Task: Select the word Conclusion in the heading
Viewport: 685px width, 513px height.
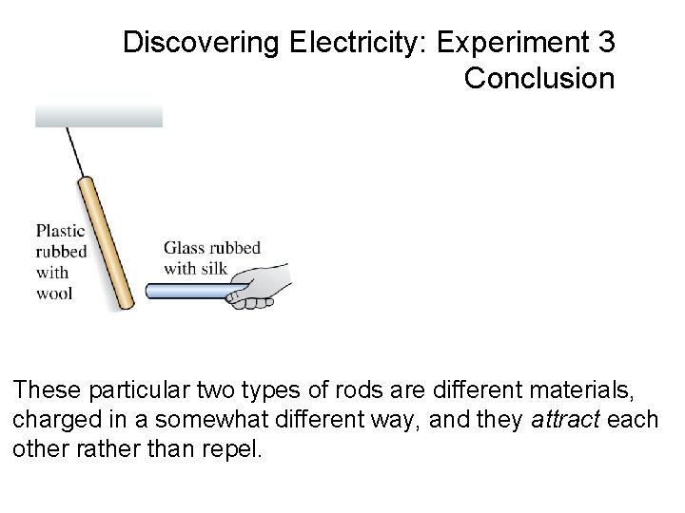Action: tap(539, 78)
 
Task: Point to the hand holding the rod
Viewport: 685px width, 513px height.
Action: tap(256, 286)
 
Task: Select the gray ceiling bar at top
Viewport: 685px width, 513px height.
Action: tap(99, 115)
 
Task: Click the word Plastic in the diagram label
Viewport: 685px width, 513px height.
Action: tap(61, 230)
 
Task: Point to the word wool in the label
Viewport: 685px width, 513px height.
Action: tap(54, 293)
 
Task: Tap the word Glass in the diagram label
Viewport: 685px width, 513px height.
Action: tap(185, 248)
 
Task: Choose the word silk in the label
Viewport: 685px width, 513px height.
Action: tap(212, 268)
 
